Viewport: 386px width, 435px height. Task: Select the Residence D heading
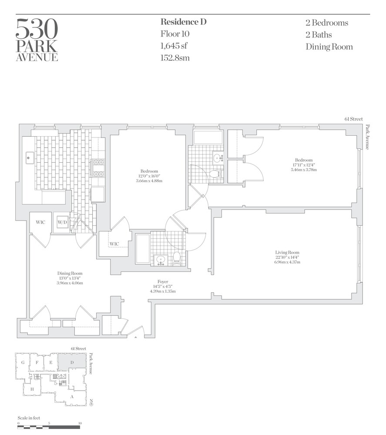[183, 22]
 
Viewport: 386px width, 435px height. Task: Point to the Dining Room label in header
[329, 47]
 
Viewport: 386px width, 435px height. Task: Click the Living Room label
[287, 257]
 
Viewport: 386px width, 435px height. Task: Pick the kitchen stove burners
[98, 168]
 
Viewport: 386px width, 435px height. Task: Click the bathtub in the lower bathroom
[142, 248]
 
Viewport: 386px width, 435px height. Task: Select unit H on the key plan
[32, 389]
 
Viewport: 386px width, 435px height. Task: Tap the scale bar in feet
[49, 427]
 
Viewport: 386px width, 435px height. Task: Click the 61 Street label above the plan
[352, 119]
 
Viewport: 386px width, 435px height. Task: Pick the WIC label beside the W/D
[40, 222]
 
